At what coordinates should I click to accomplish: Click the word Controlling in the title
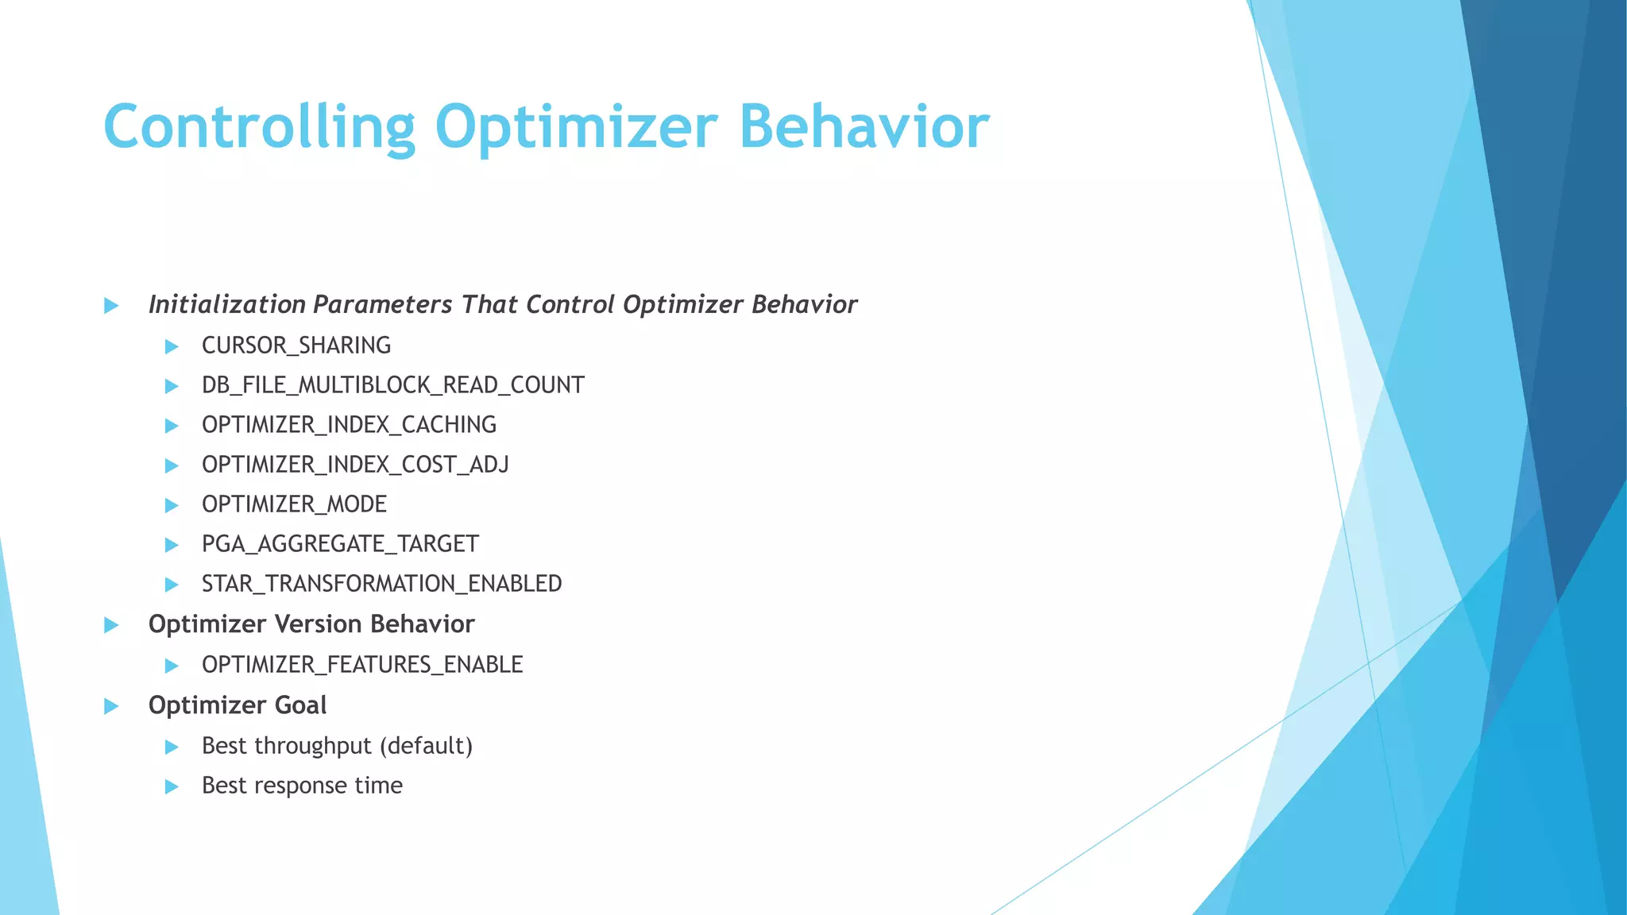point(259,127)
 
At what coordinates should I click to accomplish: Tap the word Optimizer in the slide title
point(576,127)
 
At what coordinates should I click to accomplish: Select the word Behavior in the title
point(864,127)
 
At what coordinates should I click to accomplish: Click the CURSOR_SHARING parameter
point(296,346)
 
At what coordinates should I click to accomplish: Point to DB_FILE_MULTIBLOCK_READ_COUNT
point(392,385)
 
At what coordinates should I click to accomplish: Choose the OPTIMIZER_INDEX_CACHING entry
point(349,425)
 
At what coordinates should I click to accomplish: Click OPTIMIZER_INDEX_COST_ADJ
point(355,465)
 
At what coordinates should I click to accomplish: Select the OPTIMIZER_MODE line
point(294,504)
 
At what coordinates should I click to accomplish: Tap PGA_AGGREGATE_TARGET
point(340,544)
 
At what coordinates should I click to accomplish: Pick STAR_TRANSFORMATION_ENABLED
point(381,584)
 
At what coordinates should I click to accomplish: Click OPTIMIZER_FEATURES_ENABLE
point(362,665)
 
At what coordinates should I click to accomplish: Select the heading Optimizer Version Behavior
point(311,624)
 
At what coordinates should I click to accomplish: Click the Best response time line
point(302,786)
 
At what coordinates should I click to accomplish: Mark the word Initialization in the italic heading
point(227,305)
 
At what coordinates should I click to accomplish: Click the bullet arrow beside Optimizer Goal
point(111,706)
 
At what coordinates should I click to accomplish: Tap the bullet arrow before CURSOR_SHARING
point(171,346)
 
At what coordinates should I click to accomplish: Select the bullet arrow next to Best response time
point(171,787)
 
